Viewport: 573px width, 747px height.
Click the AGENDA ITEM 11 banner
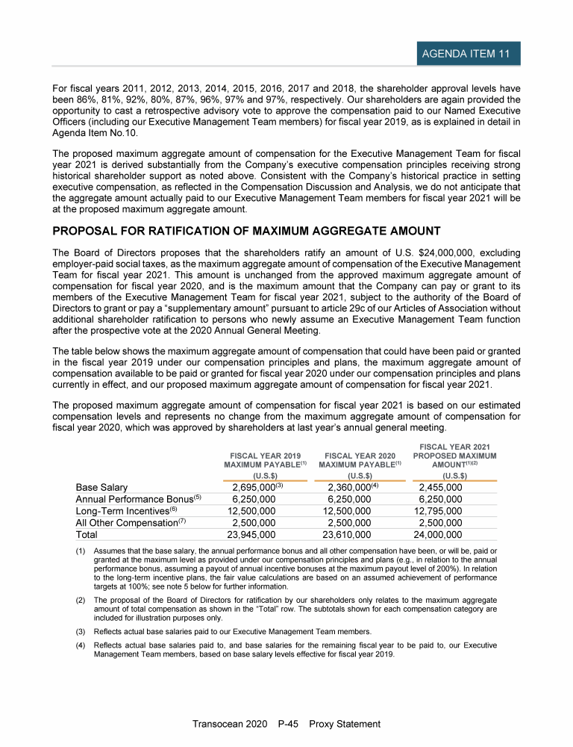(x=468, y=54)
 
